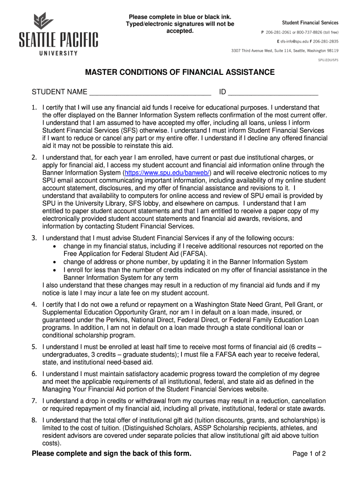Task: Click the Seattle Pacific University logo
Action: click(58, 35)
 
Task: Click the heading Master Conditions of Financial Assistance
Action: click(180, 73)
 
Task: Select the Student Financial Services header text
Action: click(310, 22)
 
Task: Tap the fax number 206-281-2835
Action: click(327, 41)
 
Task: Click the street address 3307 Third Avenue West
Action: click(256, 51)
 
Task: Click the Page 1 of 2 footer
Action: click(309, 454)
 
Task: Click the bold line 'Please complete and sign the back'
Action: click(111, 454)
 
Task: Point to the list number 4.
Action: click(34, 305)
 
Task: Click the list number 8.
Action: click(34, 420)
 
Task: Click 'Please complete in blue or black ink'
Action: click(180, 17)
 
